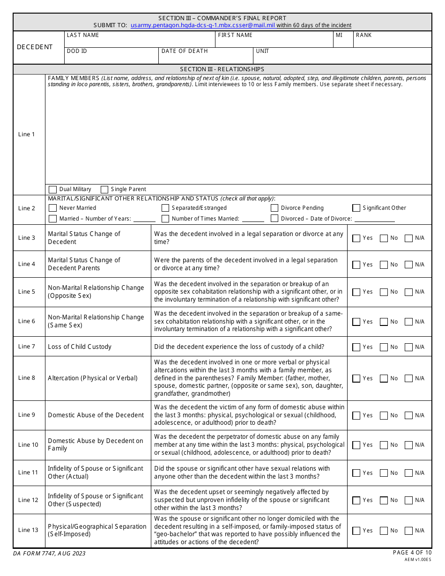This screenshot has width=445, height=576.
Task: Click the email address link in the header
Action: click(x=203, y=25)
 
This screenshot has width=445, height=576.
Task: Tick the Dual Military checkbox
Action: click(x=53, y=189)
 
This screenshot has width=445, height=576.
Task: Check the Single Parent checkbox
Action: click(x=104, y=189)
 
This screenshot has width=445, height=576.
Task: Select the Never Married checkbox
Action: click(x=53, y=208)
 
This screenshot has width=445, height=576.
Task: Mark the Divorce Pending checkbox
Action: click(x=274, y=208)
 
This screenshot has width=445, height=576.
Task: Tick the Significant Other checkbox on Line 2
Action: click(x=356, y=208)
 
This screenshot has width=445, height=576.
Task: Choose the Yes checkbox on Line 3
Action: click(x=356, y=238)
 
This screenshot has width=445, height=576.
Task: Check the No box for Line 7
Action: click(x=384, y=347)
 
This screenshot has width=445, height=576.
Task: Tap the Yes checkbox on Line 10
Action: click(x=356, y=445)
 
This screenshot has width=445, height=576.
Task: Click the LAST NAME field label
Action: click(x=83, y=35)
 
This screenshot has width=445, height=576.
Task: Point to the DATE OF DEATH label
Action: click(x=185, y=51)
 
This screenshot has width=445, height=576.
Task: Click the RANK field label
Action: click(x=363, y=35)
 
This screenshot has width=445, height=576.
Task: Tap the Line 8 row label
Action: click(x=27, y=378)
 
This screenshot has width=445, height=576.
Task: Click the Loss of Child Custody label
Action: click(x=80, y=347)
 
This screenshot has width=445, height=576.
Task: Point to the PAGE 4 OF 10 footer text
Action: click(x=412, y=553)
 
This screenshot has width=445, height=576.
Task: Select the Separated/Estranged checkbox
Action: click(x=165, y=208)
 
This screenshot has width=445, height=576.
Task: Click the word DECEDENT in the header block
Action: click(x=35, y=47)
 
